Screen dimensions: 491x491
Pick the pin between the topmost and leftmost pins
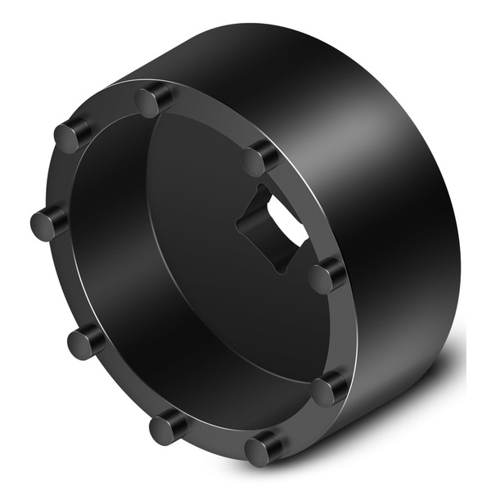click(x=74, y=133)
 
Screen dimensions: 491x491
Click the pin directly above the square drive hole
click(x=261, y=158)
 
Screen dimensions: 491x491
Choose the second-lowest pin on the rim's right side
click(x=330, y=389)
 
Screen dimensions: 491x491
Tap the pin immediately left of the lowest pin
click(x=169, y=426)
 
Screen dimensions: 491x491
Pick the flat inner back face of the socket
click(x=205, y=245)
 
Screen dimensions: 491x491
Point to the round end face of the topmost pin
click(x=149, y=103)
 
